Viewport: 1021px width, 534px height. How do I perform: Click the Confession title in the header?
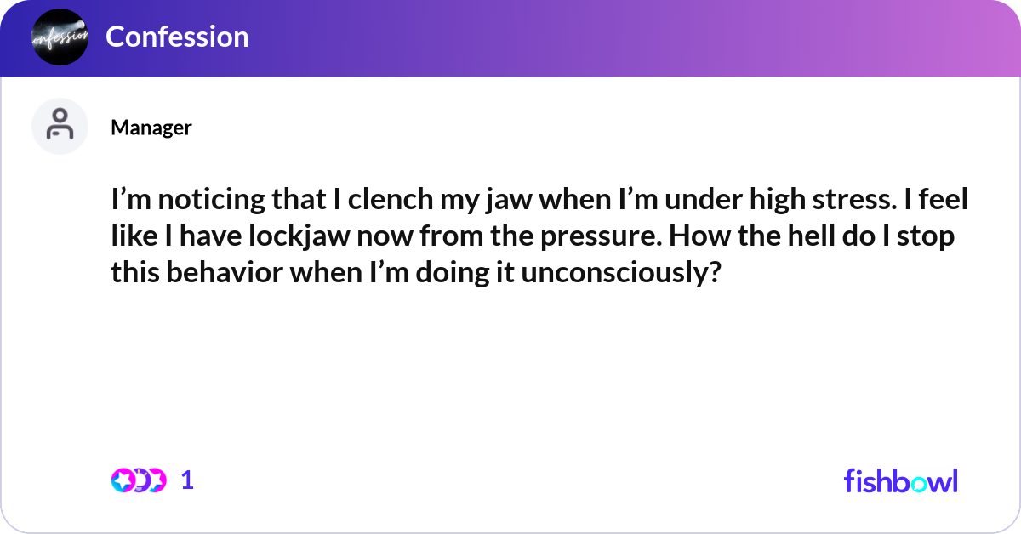click(177, 37)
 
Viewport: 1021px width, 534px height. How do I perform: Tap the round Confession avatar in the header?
click(60, 37)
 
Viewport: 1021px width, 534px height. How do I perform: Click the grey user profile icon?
click(60, 126)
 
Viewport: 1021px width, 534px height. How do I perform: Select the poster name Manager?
click(151, 128)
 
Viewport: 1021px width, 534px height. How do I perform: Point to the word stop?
click(926, 237)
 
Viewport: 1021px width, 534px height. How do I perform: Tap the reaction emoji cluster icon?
click(138, 480)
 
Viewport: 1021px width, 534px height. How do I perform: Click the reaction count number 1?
click(188, 480)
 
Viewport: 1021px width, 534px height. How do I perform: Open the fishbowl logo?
click(900, 480)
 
